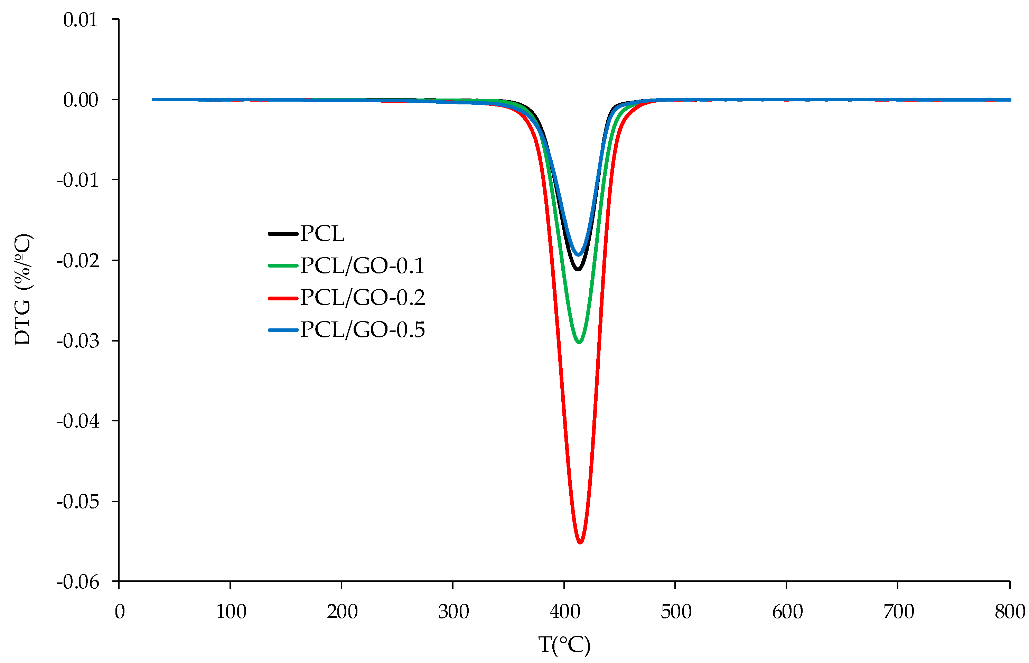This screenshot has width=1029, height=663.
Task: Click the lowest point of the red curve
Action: click(x=580, y=542)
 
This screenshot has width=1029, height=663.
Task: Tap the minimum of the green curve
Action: click(x=579, y=342)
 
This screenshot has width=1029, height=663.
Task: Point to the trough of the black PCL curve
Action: click(x=578, y=270)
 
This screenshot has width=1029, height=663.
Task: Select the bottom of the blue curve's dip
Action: click(x=578, y=255)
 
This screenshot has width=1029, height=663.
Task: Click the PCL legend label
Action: click(x=322, y=234)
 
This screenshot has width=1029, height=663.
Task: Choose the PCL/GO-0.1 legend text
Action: click(x=362, y=265)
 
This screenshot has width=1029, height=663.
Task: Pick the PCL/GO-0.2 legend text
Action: click(x=362, y=298)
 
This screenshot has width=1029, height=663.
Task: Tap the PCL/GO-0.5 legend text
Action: click(x=362, y=330)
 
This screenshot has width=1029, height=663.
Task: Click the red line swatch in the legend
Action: click(x=283, y=298)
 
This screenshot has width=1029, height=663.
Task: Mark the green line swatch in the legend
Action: click(x=283, y=265)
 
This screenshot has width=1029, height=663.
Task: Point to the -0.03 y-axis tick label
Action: click(x=77, y=341)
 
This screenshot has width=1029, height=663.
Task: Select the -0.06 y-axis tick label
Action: click(x=77, y=582)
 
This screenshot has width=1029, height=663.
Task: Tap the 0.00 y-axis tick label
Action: click(x=81, y=100)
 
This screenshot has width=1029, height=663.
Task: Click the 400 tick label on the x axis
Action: click(x=565, y=612)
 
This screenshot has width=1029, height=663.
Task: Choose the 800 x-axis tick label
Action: click(x=1009, y=612)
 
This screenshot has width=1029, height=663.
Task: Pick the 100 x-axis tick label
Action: click(x=231, y=612)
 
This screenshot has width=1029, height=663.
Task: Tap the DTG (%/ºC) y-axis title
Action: click(x=22, y=289)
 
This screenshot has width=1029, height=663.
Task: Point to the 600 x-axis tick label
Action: click(x=787, y=612)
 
